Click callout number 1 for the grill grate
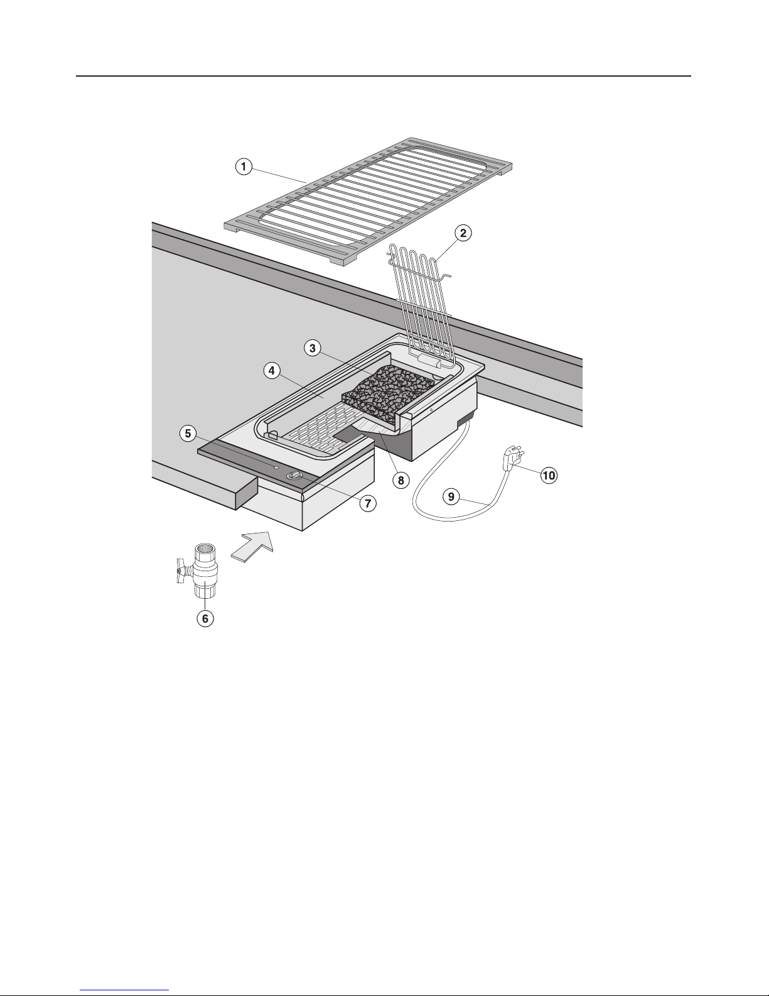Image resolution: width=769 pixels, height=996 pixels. (244, 167)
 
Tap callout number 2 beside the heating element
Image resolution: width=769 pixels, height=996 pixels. (463, 233)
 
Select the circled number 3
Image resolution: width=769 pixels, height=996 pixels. (313, 348)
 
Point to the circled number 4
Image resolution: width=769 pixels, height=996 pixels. (272, 370)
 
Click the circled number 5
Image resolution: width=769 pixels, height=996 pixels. (188, 433)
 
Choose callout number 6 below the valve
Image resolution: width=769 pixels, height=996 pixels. (205, 619)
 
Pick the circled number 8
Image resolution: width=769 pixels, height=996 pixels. (401, 480)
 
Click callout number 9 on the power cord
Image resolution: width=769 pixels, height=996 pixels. (451, 496)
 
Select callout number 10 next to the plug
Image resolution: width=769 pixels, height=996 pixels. (549, 475)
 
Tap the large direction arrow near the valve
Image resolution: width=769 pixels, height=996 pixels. (252, 546)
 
